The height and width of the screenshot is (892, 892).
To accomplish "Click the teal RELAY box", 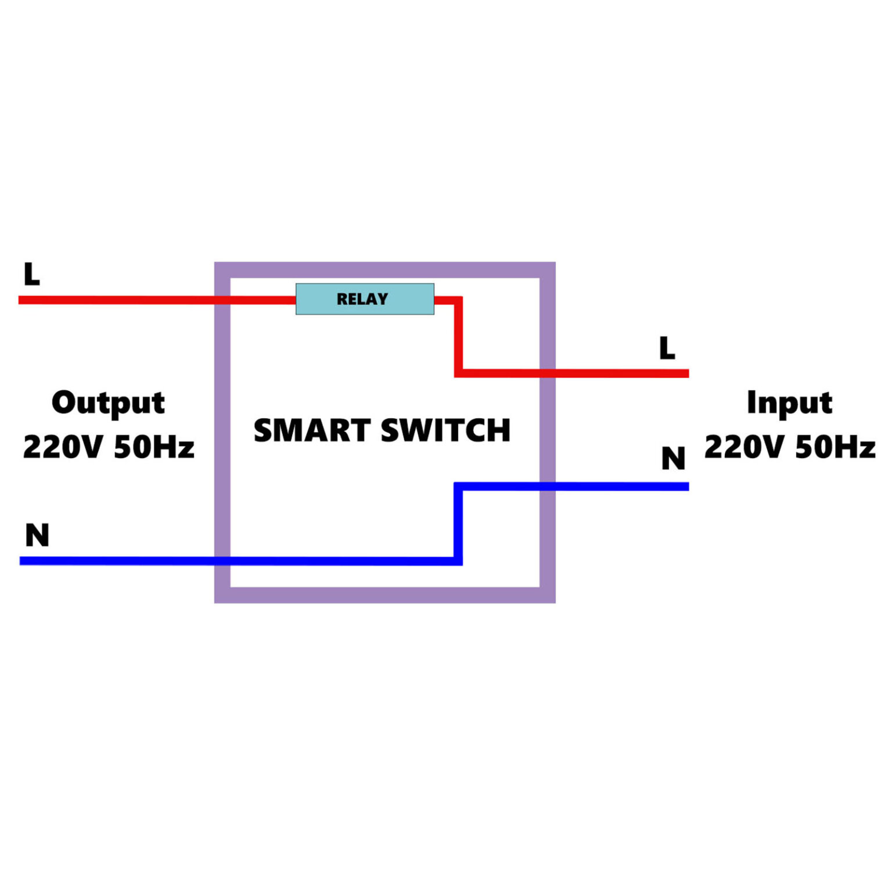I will [x=365, y=299].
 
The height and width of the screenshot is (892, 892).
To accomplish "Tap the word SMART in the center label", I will [x=312, y=430].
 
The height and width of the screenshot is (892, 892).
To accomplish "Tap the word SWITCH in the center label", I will [x=445, y=430].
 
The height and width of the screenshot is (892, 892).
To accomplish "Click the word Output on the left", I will [x=108, y=402].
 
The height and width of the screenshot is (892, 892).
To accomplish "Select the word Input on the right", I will [x=789, y=402].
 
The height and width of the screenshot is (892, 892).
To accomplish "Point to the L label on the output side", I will [x=31, y=274].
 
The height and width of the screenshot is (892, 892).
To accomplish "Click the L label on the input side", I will [x=667, y=348].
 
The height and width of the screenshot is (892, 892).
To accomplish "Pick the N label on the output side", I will [x=37, y=535].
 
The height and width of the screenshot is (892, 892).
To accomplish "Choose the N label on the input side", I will [x=673, y=459].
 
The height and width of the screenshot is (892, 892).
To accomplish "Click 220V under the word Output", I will [x=63, y=447].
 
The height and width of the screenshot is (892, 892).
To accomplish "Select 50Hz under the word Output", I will [x=154, y=447].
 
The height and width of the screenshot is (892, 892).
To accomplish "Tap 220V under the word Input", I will [x=744, y=447].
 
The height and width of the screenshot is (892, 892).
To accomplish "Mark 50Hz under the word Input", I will [x=835, y=447].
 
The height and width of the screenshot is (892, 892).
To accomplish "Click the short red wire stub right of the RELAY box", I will [x=446, y=300].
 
